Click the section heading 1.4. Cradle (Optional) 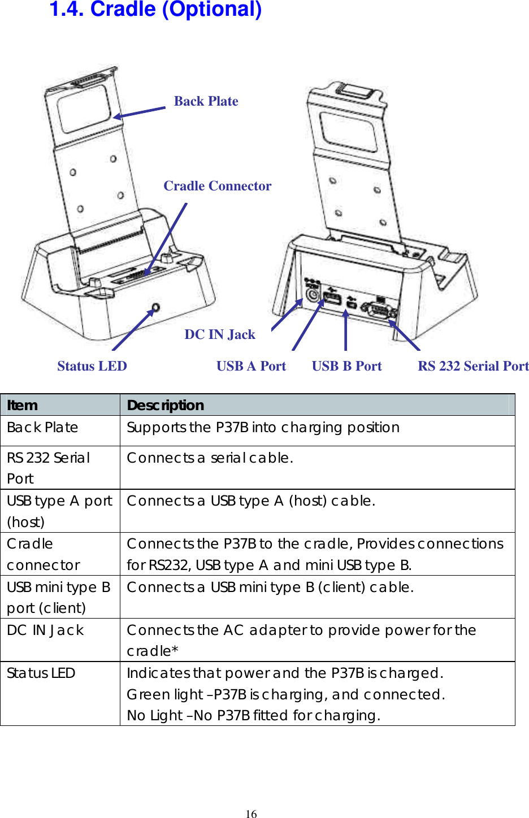tap(155, 10)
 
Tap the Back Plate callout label tap(206, 101)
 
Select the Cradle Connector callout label tap(217, 186)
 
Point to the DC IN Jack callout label tap(219, 334)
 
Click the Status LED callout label tap(92, 366)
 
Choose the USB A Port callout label tap(251, 366)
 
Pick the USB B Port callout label tap(346, 366)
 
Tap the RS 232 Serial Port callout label tap(473, 366)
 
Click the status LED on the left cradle tap(155, 308)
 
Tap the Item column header tap(23, 405)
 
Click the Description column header tap(165, 405)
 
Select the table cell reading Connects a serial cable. tap(210, 458)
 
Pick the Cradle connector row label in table tap(43, 554)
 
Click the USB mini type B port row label tap(58, 597)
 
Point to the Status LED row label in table tap(41, 673)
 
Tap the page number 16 tap(251, 813)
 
